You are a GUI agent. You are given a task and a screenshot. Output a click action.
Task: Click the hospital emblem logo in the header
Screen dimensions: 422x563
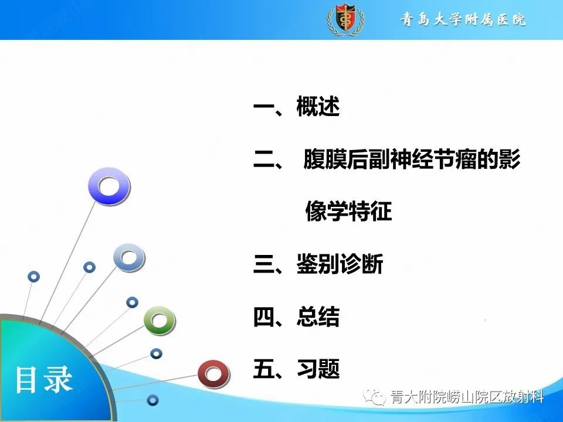tap(345, 19)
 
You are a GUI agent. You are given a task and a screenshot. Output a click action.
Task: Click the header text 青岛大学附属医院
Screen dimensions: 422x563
tap(463, 19)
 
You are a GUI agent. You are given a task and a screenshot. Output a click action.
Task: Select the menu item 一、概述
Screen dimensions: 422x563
tap(297, 108)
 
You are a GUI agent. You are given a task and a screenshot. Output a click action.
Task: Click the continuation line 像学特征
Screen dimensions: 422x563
tap(348, 212)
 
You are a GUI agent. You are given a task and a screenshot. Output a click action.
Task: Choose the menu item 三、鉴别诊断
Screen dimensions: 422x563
tap(318, 264)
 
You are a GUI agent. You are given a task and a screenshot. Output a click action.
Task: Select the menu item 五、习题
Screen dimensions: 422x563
tap(297, 369)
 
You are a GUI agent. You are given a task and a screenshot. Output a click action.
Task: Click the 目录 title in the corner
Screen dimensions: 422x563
tap(43, 379)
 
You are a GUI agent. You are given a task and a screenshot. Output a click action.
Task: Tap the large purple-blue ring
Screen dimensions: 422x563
tap(108, 186)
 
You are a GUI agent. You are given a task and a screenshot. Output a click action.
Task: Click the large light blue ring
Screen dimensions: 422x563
tap(128, 257)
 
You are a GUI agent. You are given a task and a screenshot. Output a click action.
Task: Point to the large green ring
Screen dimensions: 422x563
tap(159, 320)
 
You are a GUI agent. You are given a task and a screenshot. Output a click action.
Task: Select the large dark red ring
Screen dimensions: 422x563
tap(212, 373)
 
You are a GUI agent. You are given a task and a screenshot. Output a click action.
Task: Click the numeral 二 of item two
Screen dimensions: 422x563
tap(264, 160)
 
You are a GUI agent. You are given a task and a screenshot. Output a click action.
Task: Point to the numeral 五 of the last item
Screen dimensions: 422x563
tap(264, 369)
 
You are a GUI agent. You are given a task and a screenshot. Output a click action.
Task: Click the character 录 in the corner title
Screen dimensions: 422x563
tap(58, 379)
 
